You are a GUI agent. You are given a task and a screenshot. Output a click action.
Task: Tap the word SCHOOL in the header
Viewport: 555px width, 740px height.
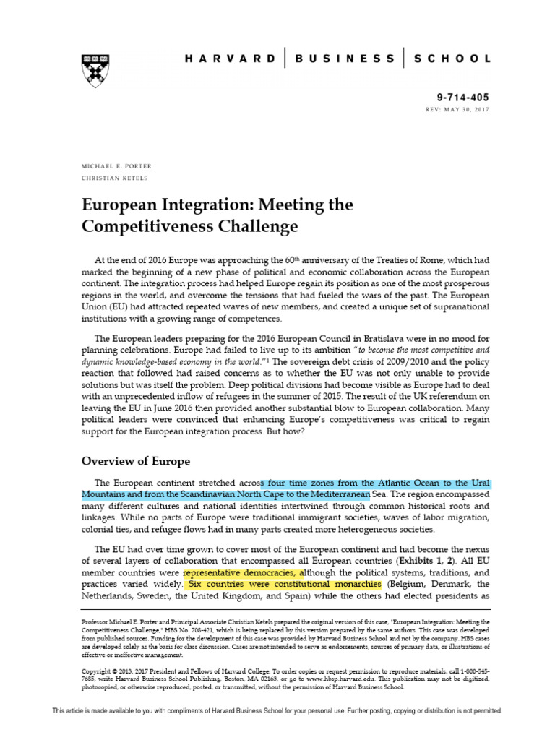pos(454,58)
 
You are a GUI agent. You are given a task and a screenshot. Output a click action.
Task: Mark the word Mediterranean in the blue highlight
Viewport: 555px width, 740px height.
pos(334,494)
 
